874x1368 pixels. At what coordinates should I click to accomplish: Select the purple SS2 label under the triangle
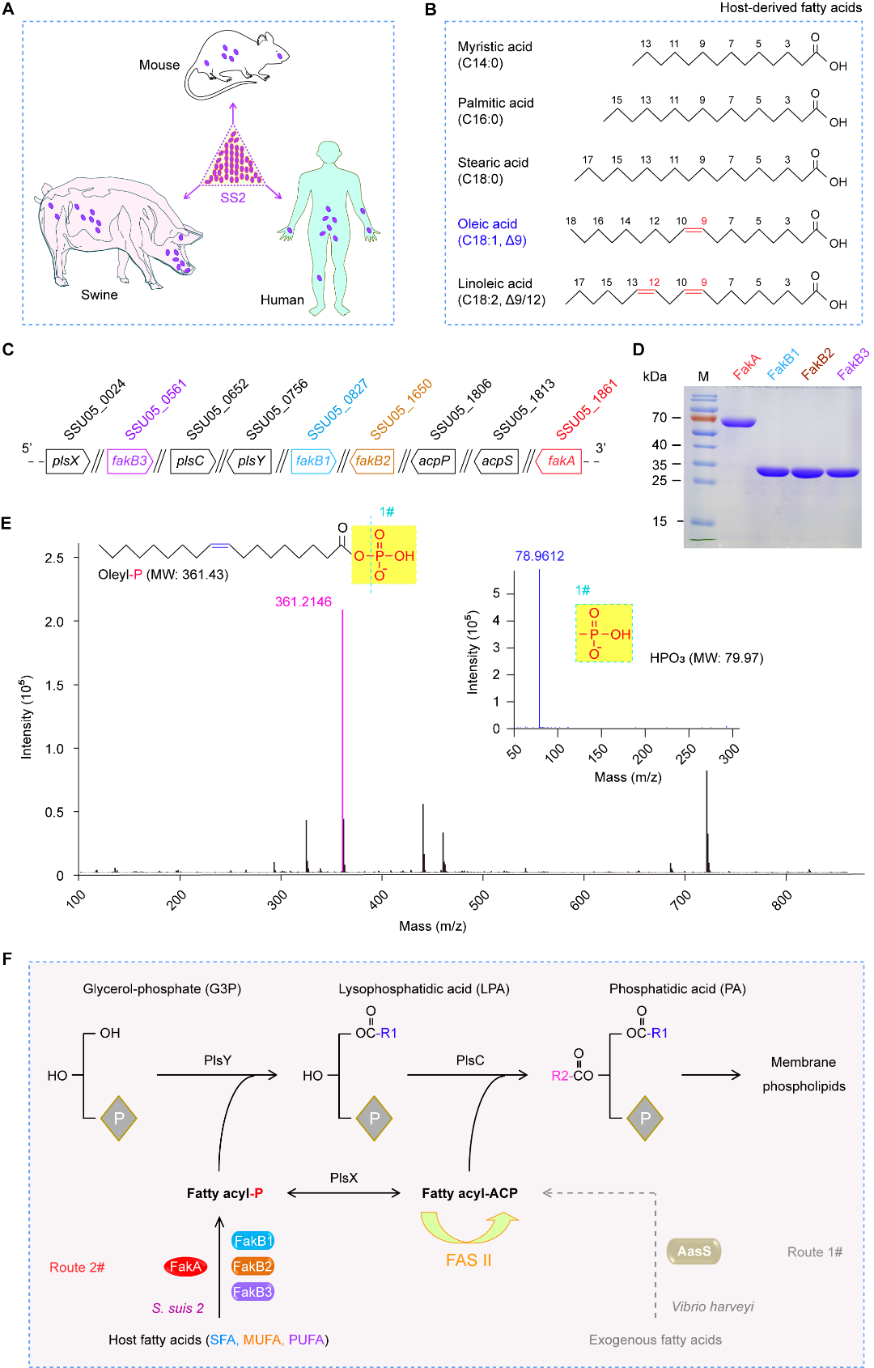(x=233, y=198)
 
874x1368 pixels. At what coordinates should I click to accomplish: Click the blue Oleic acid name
(x=487, y=224)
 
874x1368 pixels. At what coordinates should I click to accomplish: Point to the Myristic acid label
(x=494, y=47)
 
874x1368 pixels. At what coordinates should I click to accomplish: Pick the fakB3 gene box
(x=129, y=461)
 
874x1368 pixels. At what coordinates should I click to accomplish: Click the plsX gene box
(x=66, y=461)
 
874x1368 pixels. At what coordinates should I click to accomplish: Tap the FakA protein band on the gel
(x=738, y=422)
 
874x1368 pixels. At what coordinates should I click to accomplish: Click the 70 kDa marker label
(x=660, y=418)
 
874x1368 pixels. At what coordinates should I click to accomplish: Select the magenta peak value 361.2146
(x=303, y=601)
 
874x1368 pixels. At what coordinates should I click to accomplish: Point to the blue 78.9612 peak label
(x=540, y=556)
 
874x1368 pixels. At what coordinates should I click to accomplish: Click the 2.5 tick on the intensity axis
(x=54, y=558)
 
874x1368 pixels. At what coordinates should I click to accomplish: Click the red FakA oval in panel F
(x=185, y=1267)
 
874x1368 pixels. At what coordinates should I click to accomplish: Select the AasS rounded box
(x=694, y=1251)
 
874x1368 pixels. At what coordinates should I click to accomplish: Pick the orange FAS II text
(x=469, y=1260)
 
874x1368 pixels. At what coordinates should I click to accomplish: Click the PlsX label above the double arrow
(x=344, y=1178)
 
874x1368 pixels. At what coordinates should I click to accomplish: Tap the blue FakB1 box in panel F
(x=252, y=1241)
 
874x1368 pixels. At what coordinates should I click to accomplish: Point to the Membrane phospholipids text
(x=804, y=1074)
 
